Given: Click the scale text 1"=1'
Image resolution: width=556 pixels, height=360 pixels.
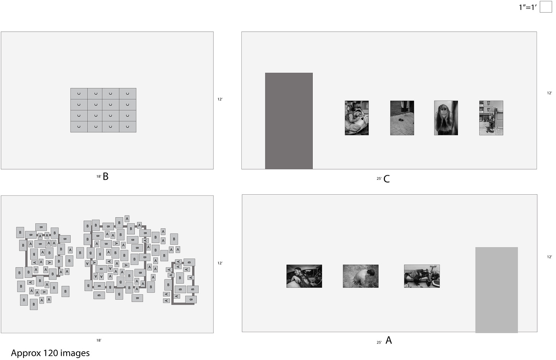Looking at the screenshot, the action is tap(527, 7).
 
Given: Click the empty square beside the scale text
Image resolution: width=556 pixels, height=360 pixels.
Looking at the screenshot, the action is tap(546, 7).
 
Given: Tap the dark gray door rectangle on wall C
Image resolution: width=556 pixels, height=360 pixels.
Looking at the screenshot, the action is tap(289, 121).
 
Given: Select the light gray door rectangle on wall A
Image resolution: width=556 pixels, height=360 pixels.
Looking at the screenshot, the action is tap(496, 290).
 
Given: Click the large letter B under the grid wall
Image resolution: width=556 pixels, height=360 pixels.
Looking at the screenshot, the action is tap(105, 176).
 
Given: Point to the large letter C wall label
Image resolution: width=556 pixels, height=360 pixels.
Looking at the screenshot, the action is tap(386, 179).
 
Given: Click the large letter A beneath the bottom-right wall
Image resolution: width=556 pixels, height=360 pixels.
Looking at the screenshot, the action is tap(389, 340).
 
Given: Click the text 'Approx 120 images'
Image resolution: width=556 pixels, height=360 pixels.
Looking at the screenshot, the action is tap(50, 353).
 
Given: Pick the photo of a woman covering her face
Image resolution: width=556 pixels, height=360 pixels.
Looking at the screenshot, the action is tap(446, 118).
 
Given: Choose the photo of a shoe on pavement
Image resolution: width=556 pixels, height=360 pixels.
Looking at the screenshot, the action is tap(402, 118).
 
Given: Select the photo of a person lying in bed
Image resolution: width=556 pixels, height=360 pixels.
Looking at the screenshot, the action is tap(357, 118).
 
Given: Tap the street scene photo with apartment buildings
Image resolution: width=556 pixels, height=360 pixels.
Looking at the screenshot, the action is tap(491, 118).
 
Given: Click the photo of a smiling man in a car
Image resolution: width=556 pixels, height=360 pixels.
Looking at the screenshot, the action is tap(304, 276).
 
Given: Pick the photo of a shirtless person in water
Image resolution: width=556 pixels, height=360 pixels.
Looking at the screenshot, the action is tap(360, 276).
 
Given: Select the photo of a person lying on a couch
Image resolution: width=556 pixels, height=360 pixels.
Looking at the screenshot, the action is tap(422, 276).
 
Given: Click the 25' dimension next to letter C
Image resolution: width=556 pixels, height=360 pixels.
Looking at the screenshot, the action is tap(379, 179).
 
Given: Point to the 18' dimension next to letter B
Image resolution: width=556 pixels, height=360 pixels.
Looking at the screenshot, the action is tap(99, 177).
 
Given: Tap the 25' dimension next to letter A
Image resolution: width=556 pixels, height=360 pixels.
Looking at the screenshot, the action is tap(379, 343).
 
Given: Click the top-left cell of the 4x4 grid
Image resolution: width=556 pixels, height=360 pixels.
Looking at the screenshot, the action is tap(79, 94).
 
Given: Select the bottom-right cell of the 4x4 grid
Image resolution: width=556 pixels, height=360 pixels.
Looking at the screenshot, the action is tap(128, 127).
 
